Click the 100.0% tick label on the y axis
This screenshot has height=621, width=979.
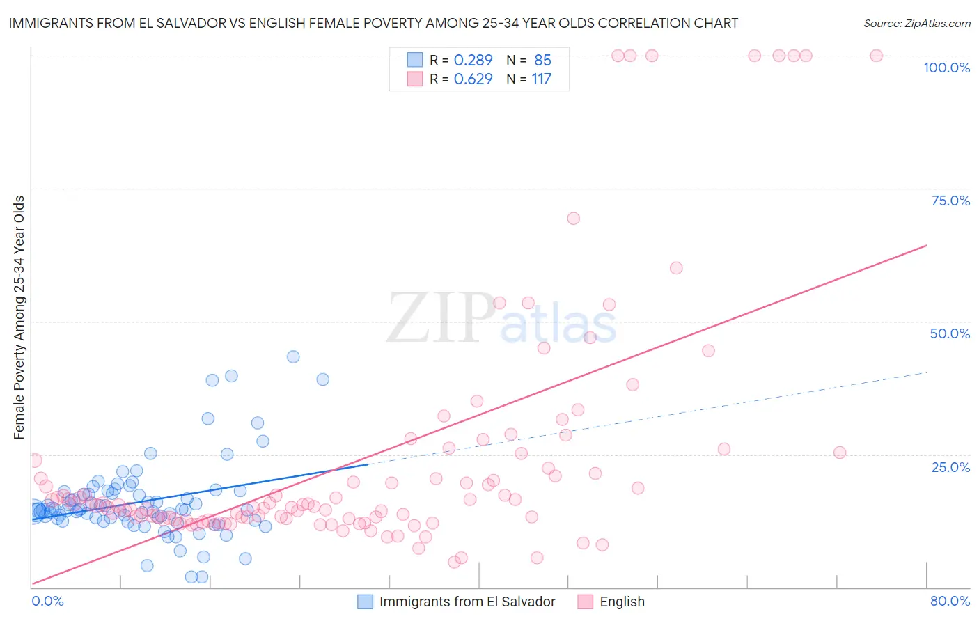tap(946, 68)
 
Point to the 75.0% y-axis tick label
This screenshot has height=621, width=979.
tap(950, 201)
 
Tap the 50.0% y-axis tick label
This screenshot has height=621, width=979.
tap(950, 333)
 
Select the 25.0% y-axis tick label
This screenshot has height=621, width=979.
tap(950, 466)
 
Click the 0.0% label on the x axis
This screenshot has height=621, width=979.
tap(47, 601)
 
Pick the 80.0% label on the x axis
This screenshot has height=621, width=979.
tap(950, 601)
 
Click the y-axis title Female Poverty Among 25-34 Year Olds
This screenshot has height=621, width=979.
tap(19, 317)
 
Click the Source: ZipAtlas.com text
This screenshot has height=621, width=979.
tap(916, 23)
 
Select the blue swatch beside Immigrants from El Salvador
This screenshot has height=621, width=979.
tap(366, 602)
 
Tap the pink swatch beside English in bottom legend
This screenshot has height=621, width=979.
tap(586, 602)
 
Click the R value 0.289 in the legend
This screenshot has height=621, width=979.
tap(473, 60)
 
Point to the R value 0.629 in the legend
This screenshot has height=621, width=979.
tap(473, 79)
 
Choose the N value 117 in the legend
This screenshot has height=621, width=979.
tap(541, 79)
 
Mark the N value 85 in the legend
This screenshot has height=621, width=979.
tap(542, 60)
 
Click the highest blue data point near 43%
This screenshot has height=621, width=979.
tap(293, 356)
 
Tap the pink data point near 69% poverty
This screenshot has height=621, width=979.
tap(573, 218)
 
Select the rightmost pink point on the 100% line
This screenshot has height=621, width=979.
tap(876, 56)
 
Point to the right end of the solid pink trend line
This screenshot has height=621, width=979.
tap(926, 245)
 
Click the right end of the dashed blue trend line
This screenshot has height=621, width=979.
tap(926, 372)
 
